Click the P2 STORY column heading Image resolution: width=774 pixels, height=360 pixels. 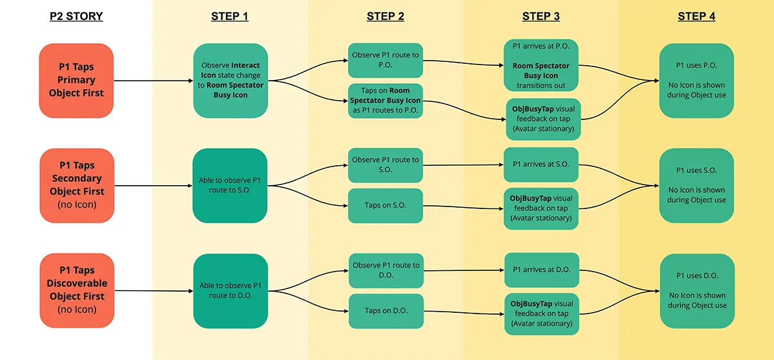pos(76,16)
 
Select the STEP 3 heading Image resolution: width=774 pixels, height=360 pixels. pos(541,16)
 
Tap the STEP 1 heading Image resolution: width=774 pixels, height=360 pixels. pos(230,16)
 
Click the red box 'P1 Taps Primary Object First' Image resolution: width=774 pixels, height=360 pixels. pos(76,81)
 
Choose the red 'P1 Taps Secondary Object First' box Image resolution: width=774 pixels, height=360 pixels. pos(77,186)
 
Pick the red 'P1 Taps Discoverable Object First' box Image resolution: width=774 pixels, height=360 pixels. pos(77,290)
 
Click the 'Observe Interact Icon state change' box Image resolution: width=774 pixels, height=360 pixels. pos(230,81)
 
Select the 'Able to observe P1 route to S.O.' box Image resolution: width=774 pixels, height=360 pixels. pos(230,186)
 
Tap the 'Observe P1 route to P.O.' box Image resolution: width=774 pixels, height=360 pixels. pos(385,61)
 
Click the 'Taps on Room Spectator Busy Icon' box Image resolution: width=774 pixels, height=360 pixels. pos(385,101)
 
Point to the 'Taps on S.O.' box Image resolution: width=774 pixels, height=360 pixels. pos(385,206)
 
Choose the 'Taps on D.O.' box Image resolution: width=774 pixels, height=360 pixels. pos(386,311)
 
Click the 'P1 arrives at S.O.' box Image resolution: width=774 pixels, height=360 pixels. pos(541,165)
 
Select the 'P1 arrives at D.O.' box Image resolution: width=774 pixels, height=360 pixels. pos(541,270)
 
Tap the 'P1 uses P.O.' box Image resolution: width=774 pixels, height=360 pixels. pos(697,81)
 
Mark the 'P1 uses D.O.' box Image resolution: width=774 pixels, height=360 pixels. pos(697,291)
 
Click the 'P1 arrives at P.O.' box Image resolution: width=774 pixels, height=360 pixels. pos(541,65)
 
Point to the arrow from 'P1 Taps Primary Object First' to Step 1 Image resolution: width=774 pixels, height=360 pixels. pos(154,81)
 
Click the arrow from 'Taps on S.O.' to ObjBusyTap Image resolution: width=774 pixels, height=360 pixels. pos(463,207)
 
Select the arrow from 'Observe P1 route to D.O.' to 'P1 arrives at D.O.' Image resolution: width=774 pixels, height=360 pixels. pos(464,270)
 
